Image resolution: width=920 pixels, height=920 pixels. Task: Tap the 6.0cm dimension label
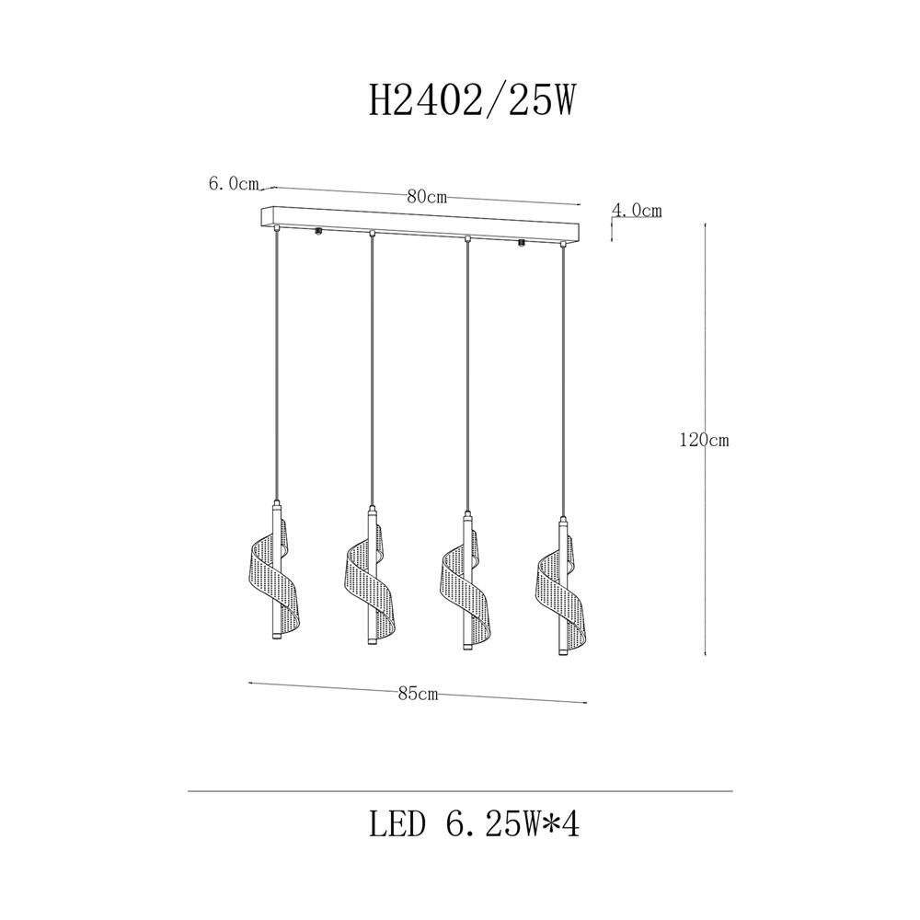click(234, 184)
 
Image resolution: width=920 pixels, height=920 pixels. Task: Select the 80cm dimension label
click(427, 197)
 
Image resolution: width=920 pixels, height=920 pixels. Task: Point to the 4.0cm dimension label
click(637, 210)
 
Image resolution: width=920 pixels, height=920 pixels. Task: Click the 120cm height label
click(704, 440)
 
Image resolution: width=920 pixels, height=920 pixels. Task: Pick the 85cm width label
click(418, 694)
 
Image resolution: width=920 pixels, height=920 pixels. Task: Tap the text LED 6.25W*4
click(474, 825)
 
